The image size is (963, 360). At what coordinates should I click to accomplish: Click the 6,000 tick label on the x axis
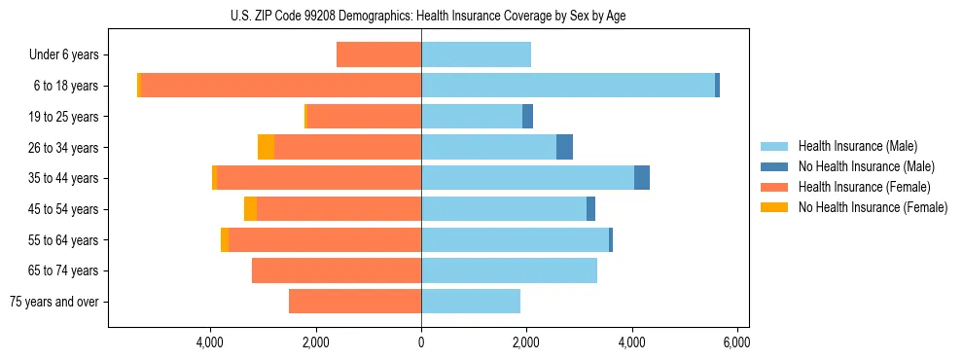736,342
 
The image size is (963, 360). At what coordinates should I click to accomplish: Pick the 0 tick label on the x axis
421,342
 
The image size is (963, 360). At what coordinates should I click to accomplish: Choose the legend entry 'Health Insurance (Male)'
857,146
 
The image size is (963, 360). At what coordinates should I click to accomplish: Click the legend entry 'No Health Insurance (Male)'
866,166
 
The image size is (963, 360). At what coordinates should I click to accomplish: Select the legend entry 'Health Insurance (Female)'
864,187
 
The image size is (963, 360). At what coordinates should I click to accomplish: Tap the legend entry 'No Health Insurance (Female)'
873,207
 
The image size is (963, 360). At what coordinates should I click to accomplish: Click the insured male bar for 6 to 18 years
568,86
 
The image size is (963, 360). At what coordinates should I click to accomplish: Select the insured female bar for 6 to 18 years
281,86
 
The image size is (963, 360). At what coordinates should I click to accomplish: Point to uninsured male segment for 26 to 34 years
564,147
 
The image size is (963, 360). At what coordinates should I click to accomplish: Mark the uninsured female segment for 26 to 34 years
266,147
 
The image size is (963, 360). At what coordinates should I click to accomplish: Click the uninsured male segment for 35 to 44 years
642,178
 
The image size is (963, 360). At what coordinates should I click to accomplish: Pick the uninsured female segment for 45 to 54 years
250,209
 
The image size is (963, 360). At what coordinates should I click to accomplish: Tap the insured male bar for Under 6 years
476,55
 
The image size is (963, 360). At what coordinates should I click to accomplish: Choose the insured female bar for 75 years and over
355,302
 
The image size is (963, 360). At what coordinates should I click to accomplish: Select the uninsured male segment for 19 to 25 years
527,117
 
